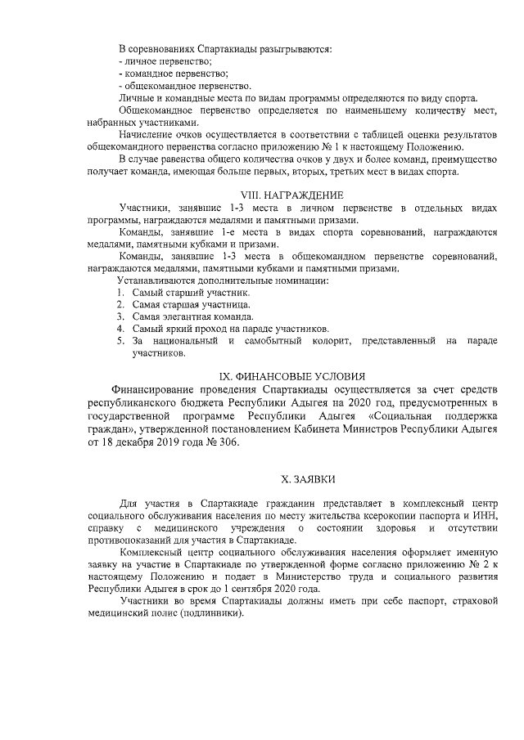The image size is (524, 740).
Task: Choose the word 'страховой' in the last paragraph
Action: (x=473, y=603)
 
